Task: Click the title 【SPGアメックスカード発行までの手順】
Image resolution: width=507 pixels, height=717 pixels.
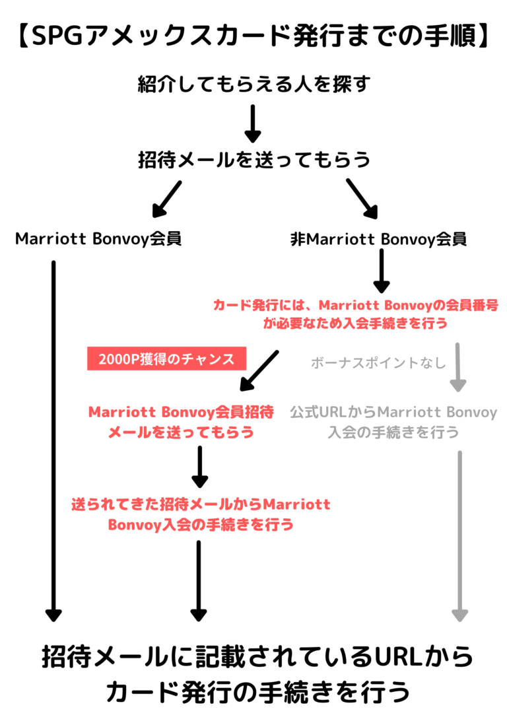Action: tap(253, 36)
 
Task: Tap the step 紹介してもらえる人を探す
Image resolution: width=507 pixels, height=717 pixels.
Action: tap(253, 84)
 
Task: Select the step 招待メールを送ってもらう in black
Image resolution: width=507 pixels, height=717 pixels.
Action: tap(253, 160)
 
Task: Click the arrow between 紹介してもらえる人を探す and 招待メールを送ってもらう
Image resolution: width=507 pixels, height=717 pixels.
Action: tap(252, 123)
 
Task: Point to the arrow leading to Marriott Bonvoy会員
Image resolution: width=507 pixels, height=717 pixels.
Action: tap(167, 199)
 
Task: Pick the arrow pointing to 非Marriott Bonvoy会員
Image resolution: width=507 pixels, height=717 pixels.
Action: tap(362, 199)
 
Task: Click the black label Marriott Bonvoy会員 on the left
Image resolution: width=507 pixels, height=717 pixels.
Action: tap(98, 239)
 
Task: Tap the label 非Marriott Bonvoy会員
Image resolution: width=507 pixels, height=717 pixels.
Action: tap(378, 239)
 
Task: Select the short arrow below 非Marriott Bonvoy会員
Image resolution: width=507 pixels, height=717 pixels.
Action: tap(382, 271)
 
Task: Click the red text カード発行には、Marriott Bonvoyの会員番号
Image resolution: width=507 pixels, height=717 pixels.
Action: tap(356, 305)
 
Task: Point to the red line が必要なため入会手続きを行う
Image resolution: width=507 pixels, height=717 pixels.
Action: tap(355, 324)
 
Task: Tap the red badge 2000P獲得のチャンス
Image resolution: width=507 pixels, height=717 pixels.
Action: tap(167, 358)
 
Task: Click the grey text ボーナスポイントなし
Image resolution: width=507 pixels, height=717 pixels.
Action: tap(378, 362)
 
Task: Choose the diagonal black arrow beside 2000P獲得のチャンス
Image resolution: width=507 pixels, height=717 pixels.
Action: tap(259, 371)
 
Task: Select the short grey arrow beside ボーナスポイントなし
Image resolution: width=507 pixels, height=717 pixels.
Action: tap(457, 367)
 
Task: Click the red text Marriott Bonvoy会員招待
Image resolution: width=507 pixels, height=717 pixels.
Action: tap(181, 412)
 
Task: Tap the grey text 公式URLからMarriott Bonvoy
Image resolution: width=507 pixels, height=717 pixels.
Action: tap(393, 412)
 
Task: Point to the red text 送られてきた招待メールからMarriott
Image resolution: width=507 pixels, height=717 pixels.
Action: tap(201, 504)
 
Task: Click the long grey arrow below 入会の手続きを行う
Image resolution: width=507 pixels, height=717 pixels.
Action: tap(460, 536)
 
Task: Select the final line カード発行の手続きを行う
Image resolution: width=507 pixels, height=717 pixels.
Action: tap(258, 692)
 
